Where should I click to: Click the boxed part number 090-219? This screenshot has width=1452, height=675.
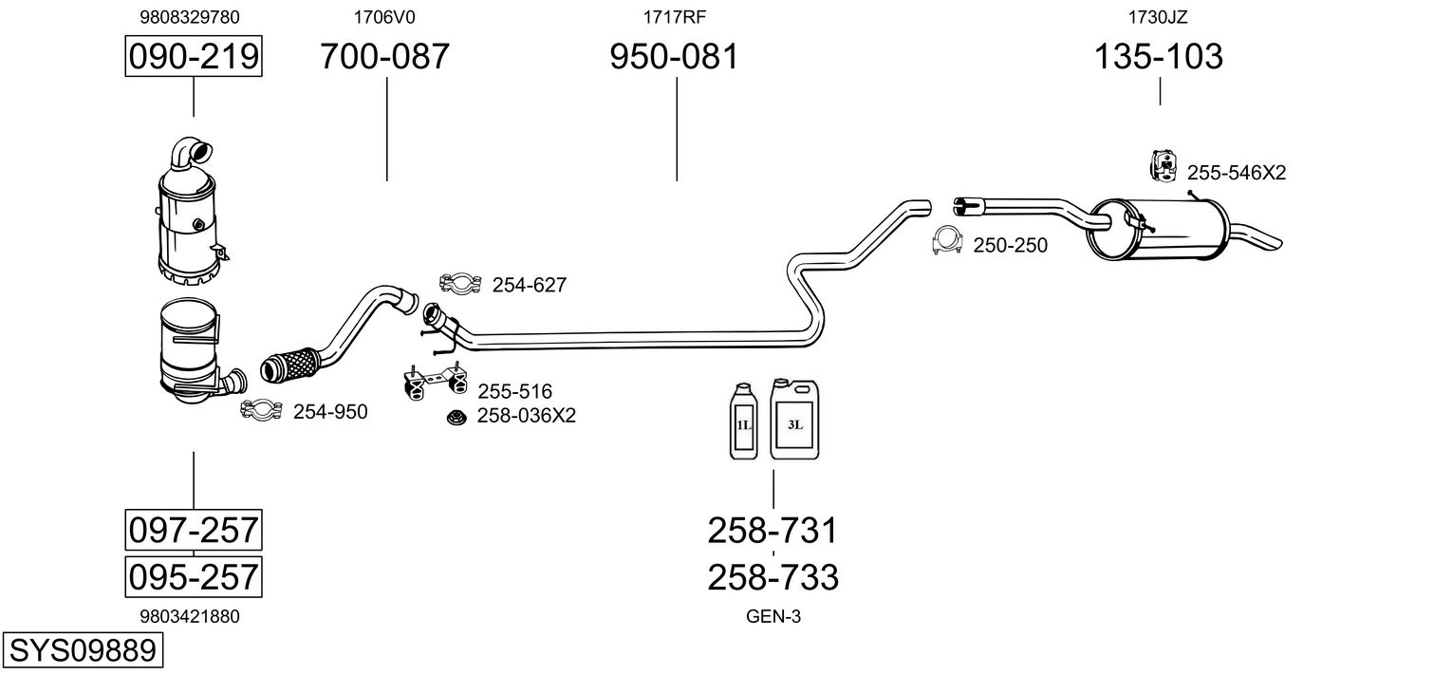(x=194, y=57)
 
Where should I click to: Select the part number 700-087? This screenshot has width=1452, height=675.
(x=384, y=57)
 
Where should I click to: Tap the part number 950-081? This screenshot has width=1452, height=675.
(x=673, y=57)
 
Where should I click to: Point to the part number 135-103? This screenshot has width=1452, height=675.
(x=1159, y=57)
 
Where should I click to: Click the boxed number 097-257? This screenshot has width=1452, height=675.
(x=194, y=530)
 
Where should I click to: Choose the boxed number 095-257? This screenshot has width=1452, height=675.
(x=194, y=576)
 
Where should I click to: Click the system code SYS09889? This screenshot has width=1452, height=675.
(x=82, y=651)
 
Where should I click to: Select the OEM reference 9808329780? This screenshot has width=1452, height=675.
(x=190, y=16)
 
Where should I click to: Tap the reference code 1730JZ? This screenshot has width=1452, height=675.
(x=1158, y=16)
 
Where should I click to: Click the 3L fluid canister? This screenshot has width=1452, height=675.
(x=794, y=421)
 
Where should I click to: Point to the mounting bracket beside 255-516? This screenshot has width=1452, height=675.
(x=432, y=381)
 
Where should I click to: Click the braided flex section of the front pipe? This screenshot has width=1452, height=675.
(x=288, y=364)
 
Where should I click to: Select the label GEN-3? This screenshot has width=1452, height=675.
(x=773, y=616)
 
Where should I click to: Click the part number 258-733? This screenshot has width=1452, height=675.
(x=773, y=576)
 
